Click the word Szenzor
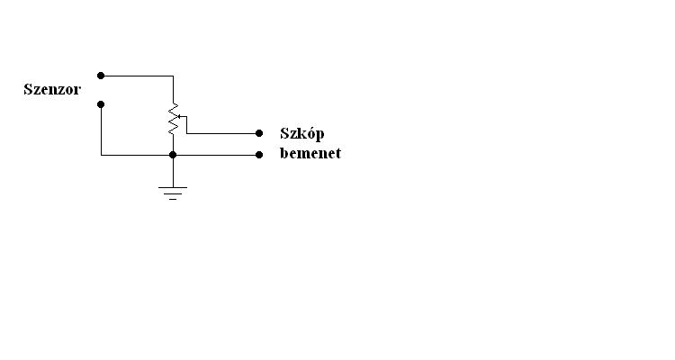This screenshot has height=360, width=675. [52, 89]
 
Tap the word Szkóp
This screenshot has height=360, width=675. [301, 133]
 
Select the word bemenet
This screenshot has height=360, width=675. [310, 153]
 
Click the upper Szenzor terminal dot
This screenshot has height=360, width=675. [101, 76]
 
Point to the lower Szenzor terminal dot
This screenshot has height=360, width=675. [101, 104]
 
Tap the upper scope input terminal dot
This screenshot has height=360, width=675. [259, 133]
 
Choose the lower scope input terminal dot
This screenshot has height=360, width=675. [259, 155]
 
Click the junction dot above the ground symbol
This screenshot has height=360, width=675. [173, 155]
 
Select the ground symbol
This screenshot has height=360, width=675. [173, 191]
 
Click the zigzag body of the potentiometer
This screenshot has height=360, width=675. [172, 121]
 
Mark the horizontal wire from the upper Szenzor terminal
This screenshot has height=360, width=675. [135, 76]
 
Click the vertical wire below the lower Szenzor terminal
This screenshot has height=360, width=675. [101, 130]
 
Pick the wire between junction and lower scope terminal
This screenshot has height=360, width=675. [216, 155]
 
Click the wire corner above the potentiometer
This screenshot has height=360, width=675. [172, 76]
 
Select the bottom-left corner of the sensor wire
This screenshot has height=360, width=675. [101, 155]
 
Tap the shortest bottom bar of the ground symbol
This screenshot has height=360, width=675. [173, 198]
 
